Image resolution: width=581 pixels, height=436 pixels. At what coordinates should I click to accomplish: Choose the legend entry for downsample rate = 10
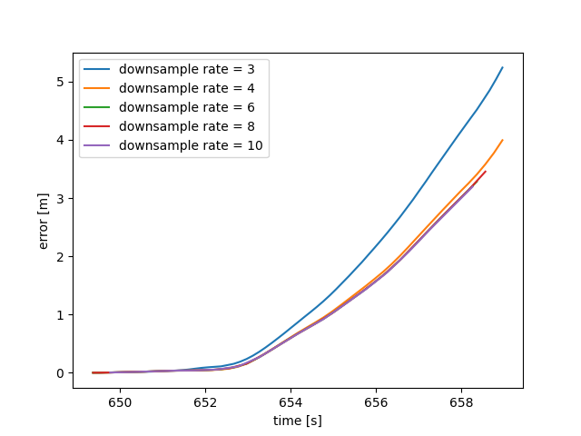pos(174,145)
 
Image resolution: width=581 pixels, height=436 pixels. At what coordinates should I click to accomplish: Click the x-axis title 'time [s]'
pos(298,421)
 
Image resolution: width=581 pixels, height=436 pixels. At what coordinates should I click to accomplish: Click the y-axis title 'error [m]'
pos(44,221)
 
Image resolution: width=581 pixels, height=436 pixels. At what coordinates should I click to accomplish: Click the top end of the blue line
pos(502,67)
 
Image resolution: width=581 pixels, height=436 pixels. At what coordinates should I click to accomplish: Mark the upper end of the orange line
pos(502,141)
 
